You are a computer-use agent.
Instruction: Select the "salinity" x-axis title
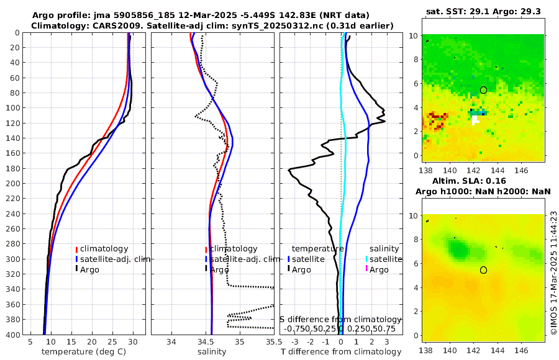[x=212, y=352]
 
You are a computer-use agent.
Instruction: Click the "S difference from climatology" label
[x=341, y=319]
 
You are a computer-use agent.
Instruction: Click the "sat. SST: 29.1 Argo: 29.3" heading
[x=483, y=11]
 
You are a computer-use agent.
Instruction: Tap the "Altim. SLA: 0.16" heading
[x=483, y=181]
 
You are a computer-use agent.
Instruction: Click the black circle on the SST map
[x=483, y=90]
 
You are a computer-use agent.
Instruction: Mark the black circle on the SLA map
[x=483, y=270]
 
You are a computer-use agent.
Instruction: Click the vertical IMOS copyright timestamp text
[x=553, y=274]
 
